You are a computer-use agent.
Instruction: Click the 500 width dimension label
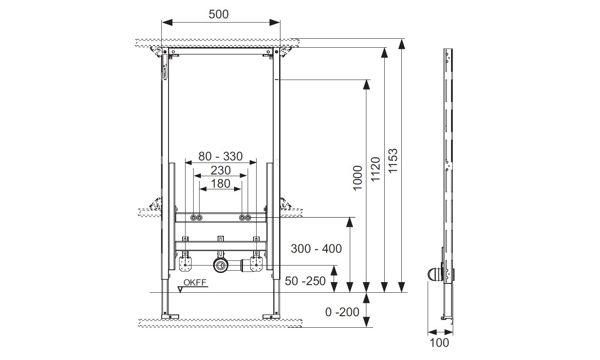click(219, 14)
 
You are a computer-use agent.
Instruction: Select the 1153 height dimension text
click(393, 160)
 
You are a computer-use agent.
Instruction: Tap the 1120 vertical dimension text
click(375, 169)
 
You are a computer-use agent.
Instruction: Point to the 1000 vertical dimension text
click(357, 177)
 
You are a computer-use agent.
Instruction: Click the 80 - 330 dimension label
click(220, 156)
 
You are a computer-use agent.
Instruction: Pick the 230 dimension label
click(220, 170)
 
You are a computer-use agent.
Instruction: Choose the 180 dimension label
click(220, 183)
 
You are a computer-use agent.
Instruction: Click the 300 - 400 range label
click(316, 249)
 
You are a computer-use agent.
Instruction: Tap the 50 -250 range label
click(306, 281)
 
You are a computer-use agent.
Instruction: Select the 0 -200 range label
click(342, 312)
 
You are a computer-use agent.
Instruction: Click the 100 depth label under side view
click(440, 342)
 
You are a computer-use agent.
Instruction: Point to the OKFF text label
click(195, 282)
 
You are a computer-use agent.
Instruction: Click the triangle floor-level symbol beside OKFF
click(180, 289)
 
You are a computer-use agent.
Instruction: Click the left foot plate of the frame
click(170, 316)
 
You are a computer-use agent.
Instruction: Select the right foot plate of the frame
click(271, 316)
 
